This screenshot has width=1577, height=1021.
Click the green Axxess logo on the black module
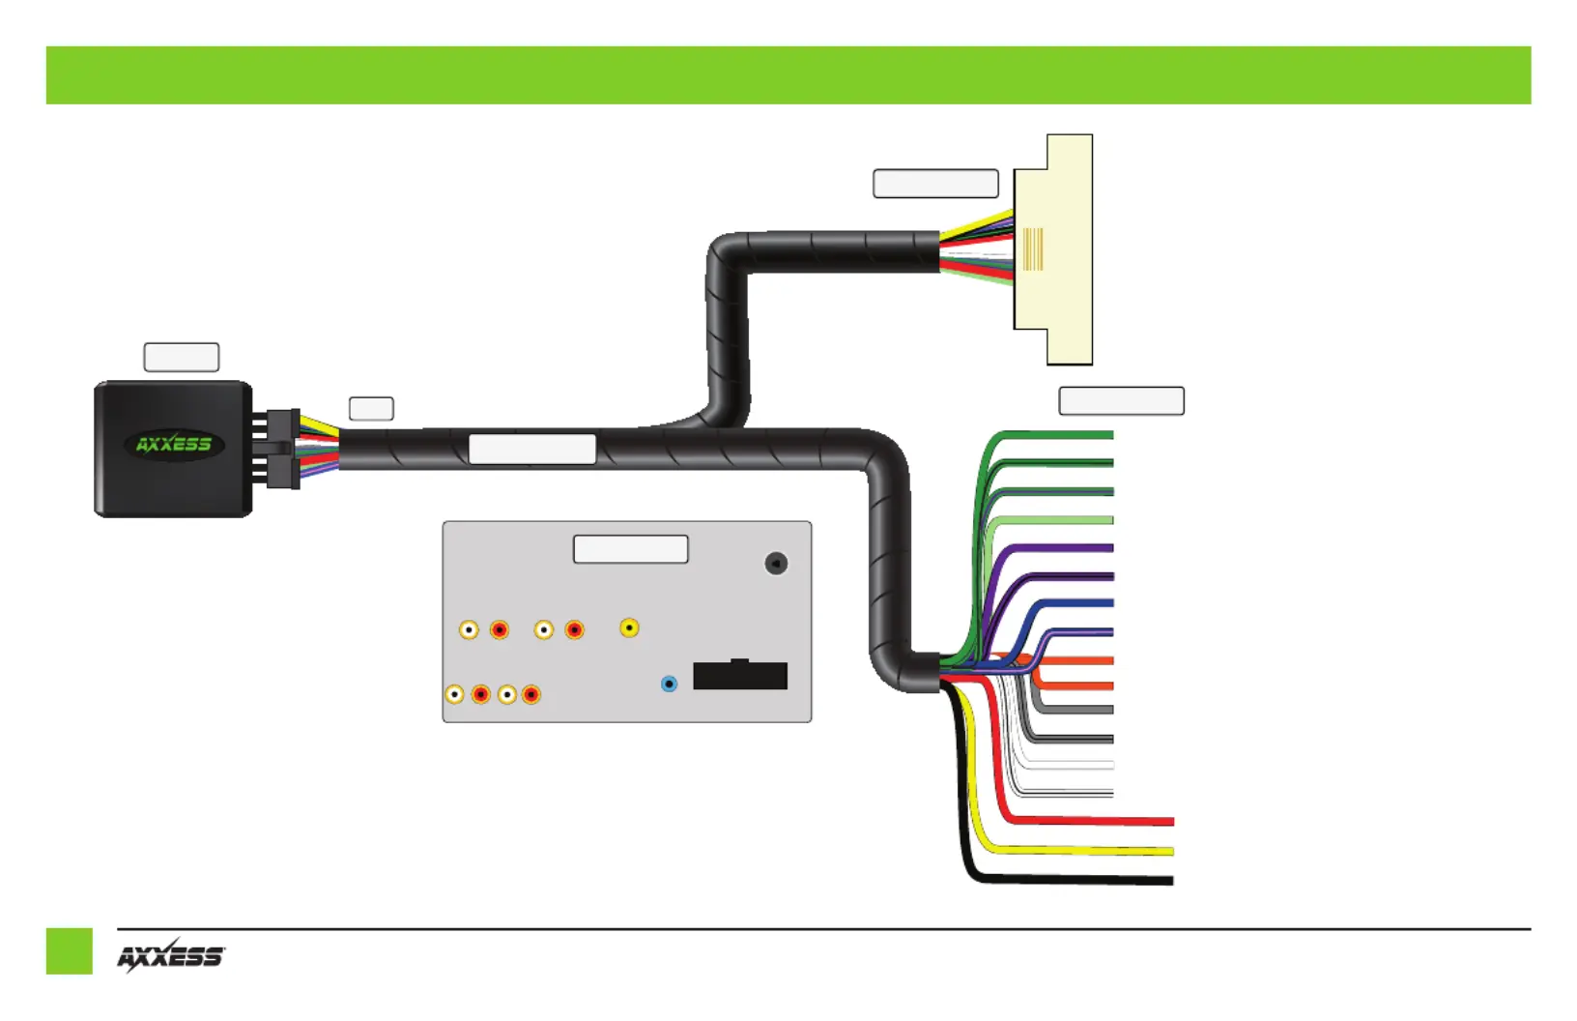point(174,445)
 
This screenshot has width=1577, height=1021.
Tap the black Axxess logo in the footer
point(171,956)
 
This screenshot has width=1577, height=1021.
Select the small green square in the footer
point(69,951)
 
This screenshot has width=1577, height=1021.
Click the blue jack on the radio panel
point(669,684)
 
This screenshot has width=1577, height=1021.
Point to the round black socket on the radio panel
point(776,563)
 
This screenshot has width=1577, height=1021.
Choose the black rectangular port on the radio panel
point(740,675)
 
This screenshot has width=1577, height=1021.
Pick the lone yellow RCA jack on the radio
point(629,627)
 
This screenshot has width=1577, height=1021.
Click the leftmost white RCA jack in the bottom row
point(455,695)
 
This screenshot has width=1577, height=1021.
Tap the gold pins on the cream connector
point(1033,248)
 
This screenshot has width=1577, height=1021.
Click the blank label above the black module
point(182,357)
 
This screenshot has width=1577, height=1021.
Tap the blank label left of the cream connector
point(935,183)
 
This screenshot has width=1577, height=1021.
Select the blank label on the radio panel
point(631,549)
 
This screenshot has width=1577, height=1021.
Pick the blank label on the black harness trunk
point(532,450)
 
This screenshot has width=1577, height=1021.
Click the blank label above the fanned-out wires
point(1122,400)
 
